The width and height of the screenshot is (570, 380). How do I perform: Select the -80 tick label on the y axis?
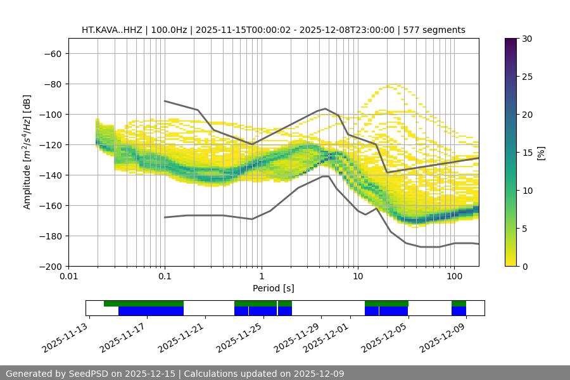click(51, 84)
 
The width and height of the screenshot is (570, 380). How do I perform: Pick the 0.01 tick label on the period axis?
click(68, 277)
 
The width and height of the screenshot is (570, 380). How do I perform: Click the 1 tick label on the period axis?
click(261, 277)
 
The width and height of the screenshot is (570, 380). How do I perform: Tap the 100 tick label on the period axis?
click(453, 277)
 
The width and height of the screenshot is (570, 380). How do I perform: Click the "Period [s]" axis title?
click(273, 288)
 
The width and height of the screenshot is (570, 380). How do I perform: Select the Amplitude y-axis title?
click(27, 152)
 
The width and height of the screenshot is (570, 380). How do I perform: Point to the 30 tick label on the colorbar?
click(526, 39)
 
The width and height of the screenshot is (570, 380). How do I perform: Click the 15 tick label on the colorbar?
click(526, 152)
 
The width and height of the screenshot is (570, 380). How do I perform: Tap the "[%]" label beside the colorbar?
click(540, 152)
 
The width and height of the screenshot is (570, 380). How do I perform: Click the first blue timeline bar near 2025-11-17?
click(151, 311)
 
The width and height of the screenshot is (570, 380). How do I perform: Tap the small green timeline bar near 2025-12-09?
click(459, 303)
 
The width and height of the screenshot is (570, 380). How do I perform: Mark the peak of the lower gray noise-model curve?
click(326, 176)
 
